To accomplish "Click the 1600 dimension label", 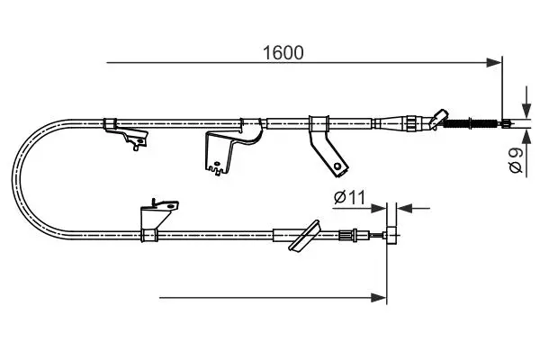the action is click(x=283, y=53).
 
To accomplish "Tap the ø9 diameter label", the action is click(x=516, y=160).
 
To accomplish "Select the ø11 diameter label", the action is click(x=349, y=197).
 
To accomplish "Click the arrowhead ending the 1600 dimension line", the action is click(x=494, y=63).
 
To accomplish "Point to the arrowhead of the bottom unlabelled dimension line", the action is click(x=379, y=298).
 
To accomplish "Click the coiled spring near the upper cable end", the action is click(x=470, y=123).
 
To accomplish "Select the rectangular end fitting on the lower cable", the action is click(x=391, y=235).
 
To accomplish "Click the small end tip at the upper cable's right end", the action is click(x=506, y=123).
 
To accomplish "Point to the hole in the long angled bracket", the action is click(x=337, y=166).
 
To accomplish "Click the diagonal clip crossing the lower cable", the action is click(x=304, y=235).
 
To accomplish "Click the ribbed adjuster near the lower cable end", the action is click(x=346, y=235).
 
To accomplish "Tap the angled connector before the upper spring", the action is click(x=437, y=119).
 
